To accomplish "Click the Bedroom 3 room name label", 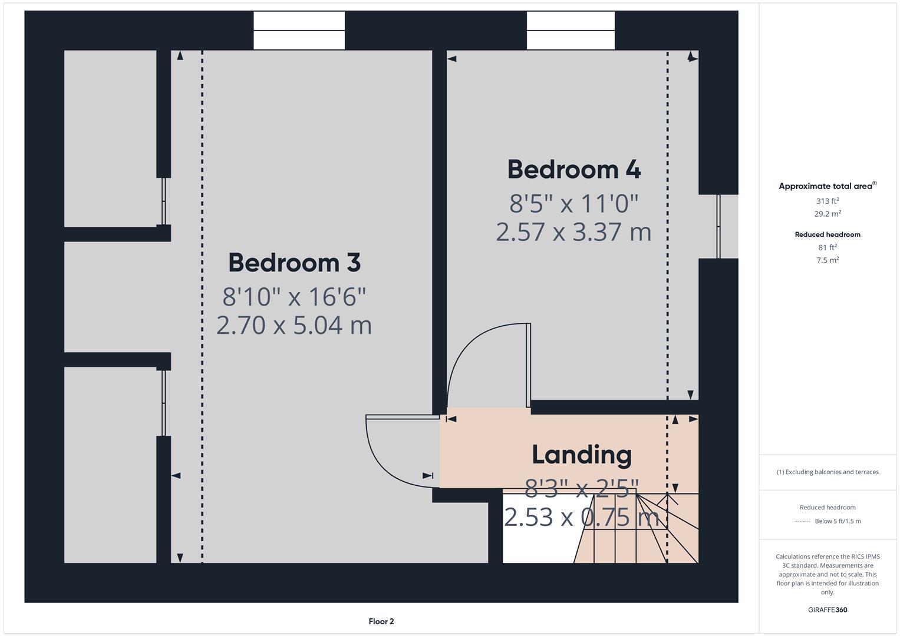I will click(294, 263).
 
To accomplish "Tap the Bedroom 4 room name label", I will click(573, 170).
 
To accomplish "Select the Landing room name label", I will click(581, 455).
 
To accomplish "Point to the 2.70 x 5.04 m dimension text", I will click(294, 325).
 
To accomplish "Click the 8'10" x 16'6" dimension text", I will click(294, 296).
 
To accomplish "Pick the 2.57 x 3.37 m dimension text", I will click(573, 231).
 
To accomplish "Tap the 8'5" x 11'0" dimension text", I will click(573, 204).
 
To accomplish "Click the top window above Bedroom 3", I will click(299, 31).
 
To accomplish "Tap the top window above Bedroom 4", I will click(571, 31).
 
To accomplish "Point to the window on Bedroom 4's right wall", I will click(718, 226).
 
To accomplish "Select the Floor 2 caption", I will click(381, 621).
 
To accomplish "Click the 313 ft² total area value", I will click(828, 201).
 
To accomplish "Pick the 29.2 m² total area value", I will click(828, 214).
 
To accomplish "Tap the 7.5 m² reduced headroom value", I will click(828, 260).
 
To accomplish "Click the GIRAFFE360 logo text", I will click(828, 609).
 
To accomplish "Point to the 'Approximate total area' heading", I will click(826, 186).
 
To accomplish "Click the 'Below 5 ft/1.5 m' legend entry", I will click(837, 521).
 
